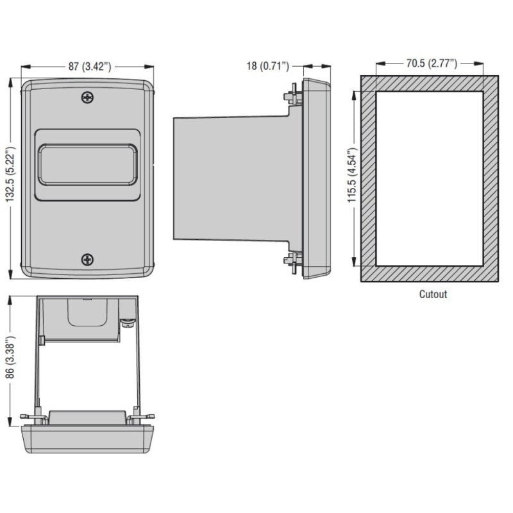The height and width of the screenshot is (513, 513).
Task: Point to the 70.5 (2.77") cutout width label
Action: [430, 63]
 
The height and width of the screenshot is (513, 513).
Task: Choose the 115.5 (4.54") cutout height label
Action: [352, 179]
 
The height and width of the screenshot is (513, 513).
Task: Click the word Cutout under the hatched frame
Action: [433, 295]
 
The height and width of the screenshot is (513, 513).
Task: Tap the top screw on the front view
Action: [88, 97]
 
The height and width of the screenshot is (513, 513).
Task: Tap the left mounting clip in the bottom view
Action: [36, 417]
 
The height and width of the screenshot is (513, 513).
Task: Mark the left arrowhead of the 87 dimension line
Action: [24, 66]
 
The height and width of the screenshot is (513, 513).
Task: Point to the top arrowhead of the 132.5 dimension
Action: [10, 81]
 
